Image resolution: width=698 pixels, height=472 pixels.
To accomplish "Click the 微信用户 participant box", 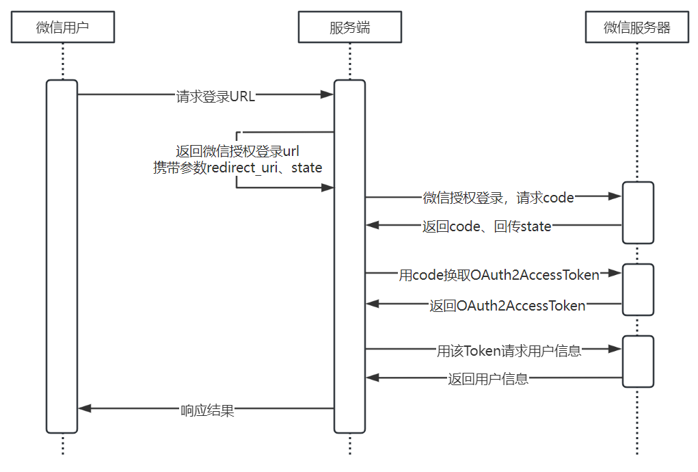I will point(62,27).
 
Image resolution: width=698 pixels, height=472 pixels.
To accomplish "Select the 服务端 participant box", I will point(349,27).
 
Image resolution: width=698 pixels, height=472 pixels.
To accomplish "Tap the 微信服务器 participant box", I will point(636,27).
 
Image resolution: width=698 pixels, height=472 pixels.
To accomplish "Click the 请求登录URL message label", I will point(215,96).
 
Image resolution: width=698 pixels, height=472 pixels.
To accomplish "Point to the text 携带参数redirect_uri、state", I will point(237,168).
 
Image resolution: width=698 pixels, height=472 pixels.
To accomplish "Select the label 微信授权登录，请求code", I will point(498,198).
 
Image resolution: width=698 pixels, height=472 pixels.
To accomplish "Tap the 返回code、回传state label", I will point(487,226).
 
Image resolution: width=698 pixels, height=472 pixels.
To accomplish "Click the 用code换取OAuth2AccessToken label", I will point(499,275).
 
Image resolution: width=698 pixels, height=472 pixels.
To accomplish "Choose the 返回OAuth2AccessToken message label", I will point(507,306).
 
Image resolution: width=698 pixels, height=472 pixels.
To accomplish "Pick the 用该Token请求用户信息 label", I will point(509,351).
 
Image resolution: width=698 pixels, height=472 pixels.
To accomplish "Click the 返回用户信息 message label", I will point(488,379).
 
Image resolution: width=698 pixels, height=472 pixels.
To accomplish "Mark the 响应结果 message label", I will point(207,410).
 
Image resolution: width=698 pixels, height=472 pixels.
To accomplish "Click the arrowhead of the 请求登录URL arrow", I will point(327,94).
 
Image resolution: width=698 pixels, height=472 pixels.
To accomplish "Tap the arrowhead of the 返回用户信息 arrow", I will point(372,377).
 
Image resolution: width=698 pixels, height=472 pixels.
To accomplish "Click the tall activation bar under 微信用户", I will point(62,257).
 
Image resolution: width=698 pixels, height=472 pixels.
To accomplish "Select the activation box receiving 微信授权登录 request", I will point(638,212).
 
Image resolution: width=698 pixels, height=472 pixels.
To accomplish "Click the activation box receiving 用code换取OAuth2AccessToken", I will point(638,289).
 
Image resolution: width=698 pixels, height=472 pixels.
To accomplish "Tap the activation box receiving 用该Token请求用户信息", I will point(638,361).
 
